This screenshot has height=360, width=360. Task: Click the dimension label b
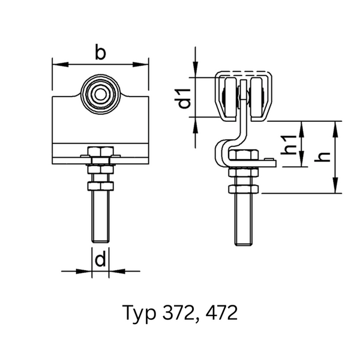point(100,53)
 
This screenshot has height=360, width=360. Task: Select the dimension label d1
point(184,98)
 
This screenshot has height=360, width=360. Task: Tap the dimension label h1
point(289,145)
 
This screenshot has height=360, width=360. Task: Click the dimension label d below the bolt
point(100,259)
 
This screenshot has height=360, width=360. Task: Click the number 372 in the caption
point(178,313)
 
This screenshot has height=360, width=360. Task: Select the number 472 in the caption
point(221,313)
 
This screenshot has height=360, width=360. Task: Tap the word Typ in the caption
point(139,314)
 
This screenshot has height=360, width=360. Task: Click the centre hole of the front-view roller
point(100,94)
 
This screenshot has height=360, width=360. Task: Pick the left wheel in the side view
point(230,99)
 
